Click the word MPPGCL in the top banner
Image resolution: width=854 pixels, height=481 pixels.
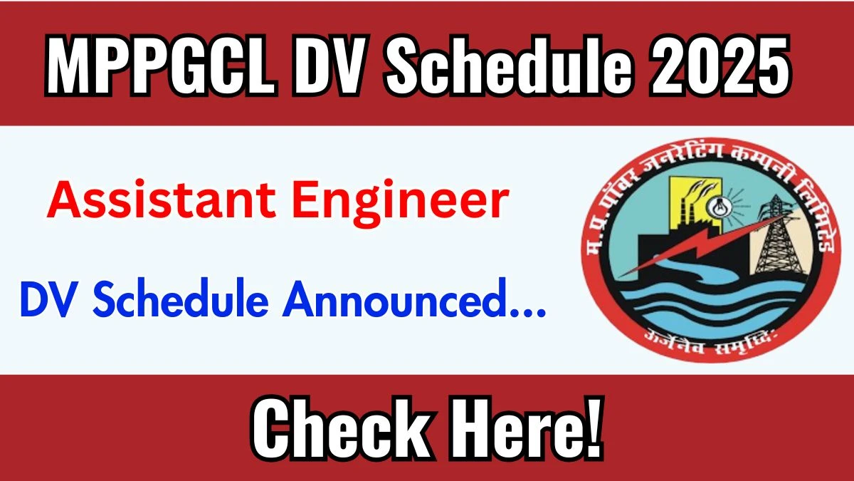(161, 64)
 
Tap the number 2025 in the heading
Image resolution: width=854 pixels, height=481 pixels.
(719, 64)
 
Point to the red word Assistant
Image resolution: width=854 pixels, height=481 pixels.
(161, 200)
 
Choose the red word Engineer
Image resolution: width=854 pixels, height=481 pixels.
(400, 203)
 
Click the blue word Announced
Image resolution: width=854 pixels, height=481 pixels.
(392, 299)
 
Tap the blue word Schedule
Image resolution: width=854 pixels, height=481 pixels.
(181, 299)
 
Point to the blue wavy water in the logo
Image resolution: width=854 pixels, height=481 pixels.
(712, 306)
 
